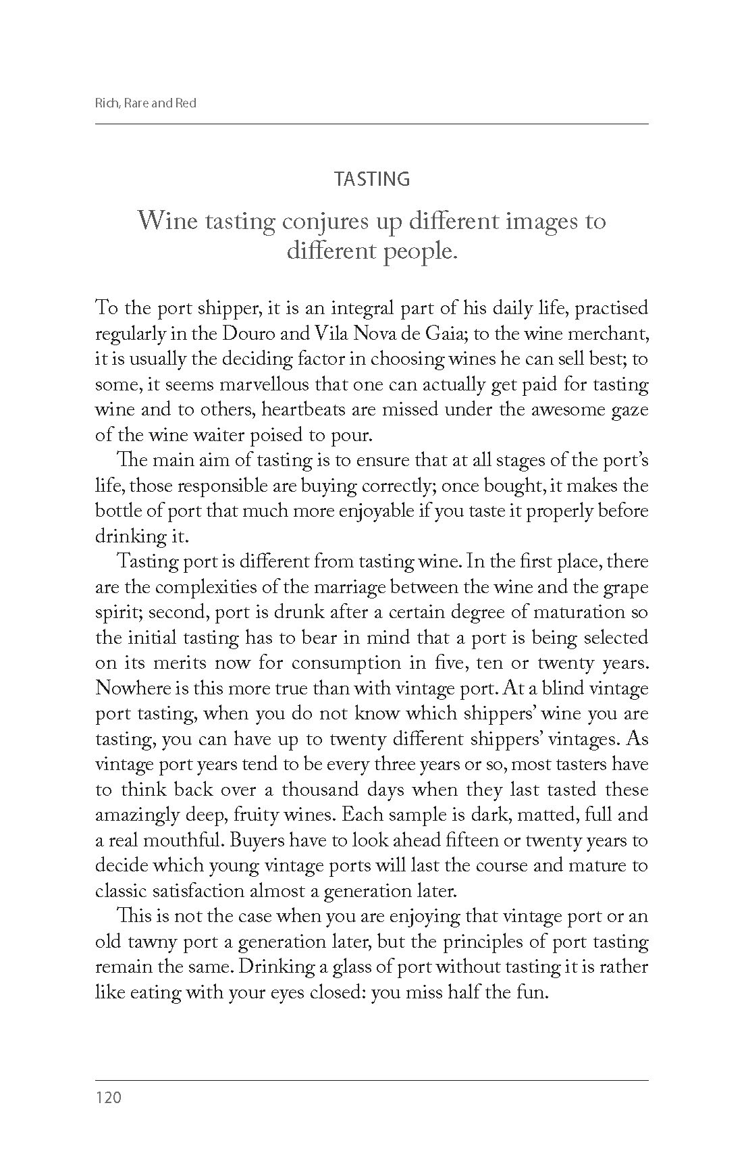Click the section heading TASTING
coord(372,179)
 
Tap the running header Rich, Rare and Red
coord(146,104)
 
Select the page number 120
coord(108,1098)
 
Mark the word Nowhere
coord(133,688)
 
